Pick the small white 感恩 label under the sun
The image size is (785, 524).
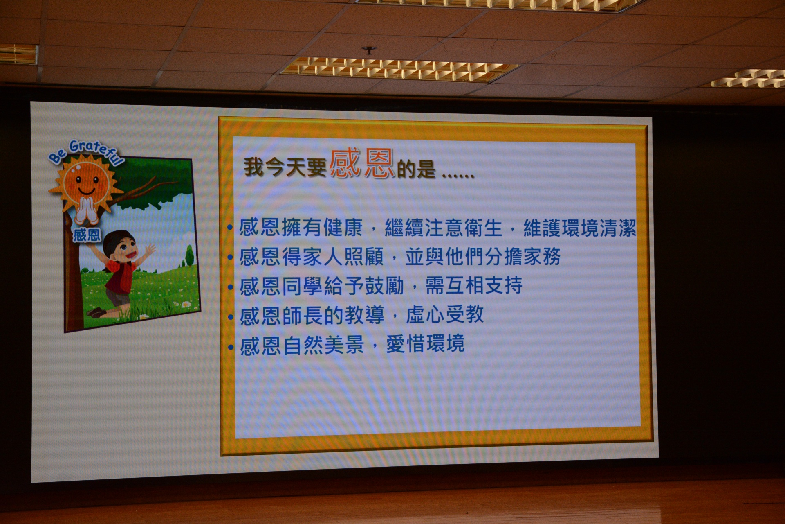[87, 235]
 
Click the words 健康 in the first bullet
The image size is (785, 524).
[343, 228]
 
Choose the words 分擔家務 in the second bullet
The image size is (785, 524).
[523, 257]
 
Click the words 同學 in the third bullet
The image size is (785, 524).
[302, 286]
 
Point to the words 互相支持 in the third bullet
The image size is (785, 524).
[474, 285]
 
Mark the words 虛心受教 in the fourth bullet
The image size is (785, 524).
[445, 314]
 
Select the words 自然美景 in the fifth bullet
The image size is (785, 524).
[323, 345]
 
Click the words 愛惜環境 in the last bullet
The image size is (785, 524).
[426, 344]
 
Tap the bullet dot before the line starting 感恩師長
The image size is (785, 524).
[231, 317]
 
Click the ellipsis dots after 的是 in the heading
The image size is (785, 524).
[458, 176]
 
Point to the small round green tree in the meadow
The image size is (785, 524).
[190, 255]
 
